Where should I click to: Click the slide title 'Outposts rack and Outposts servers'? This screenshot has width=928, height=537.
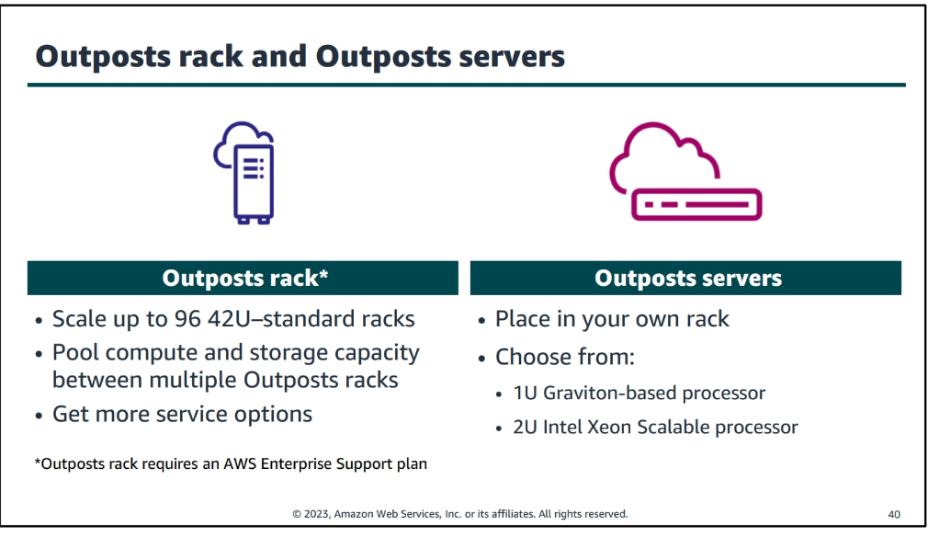(300, 56)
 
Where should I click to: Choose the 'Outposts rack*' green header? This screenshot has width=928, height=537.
(243, 278)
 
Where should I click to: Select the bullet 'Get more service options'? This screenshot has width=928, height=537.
(182, 414)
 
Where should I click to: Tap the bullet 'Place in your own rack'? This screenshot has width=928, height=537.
(612, 319)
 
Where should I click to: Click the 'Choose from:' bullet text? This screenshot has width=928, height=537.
(565, 357)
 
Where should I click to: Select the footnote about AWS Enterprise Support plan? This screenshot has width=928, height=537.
(231, 463)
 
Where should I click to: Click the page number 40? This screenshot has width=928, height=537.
(894, 514)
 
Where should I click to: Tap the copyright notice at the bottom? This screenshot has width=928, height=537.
(460, 514)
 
